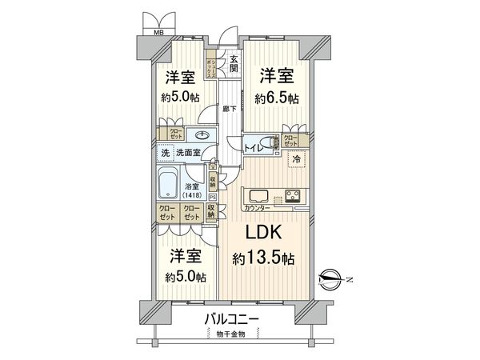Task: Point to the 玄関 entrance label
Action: [234, 62]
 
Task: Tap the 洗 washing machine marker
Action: [164, 153]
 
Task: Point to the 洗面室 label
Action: [186, 153]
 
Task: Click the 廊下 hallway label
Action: [227, 108]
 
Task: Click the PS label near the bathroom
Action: [212, 196]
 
